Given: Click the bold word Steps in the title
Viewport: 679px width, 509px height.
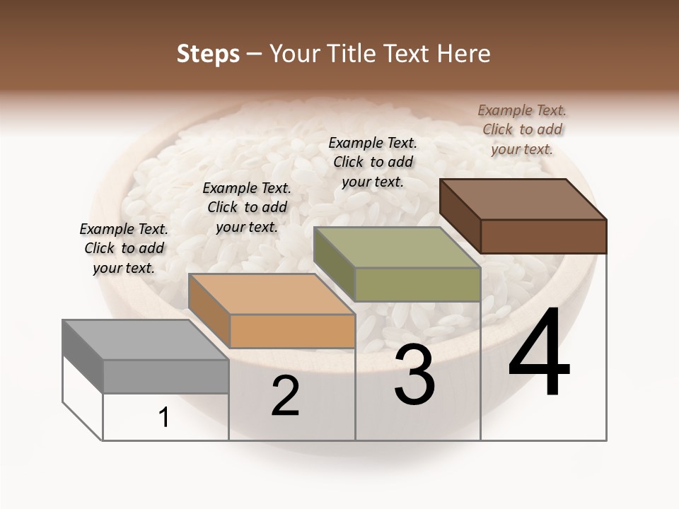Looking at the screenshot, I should point(208,54).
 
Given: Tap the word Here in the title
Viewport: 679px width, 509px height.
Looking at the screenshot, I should point(463,54).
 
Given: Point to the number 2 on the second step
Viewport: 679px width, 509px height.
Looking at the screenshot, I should point(285,397).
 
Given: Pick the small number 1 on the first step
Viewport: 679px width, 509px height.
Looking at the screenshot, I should point(164,418).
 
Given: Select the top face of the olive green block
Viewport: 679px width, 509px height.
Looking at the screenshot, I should point(396,247).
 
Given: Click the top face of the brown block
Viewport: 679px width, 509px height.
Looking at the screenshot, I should point(523,199).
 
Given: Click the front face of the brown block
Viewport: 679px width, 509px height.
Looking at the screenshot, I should point(543,236).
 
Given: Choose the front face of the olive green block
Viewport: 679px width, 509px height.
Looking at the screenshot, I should point(417,284).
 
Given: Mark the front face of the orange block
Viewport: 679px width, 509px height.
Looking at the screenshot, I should point(292,331).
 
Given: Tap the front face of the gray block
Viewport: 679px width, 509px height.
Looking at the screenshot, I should point(166,376).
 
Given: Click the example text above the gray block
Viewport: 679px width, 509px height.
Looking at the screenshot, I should point(124,248).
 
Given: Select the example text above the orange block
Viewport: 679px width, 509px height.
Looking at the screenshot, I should point(247,207).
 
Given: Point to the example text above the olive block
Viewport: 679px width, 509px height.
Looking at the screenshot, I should point(373,162).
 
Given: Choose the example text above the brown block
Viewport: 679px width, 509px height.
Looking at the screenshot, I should point(522,129).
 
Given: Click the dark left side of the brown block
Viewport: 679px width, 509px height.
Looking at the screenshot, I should point(460,216).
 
